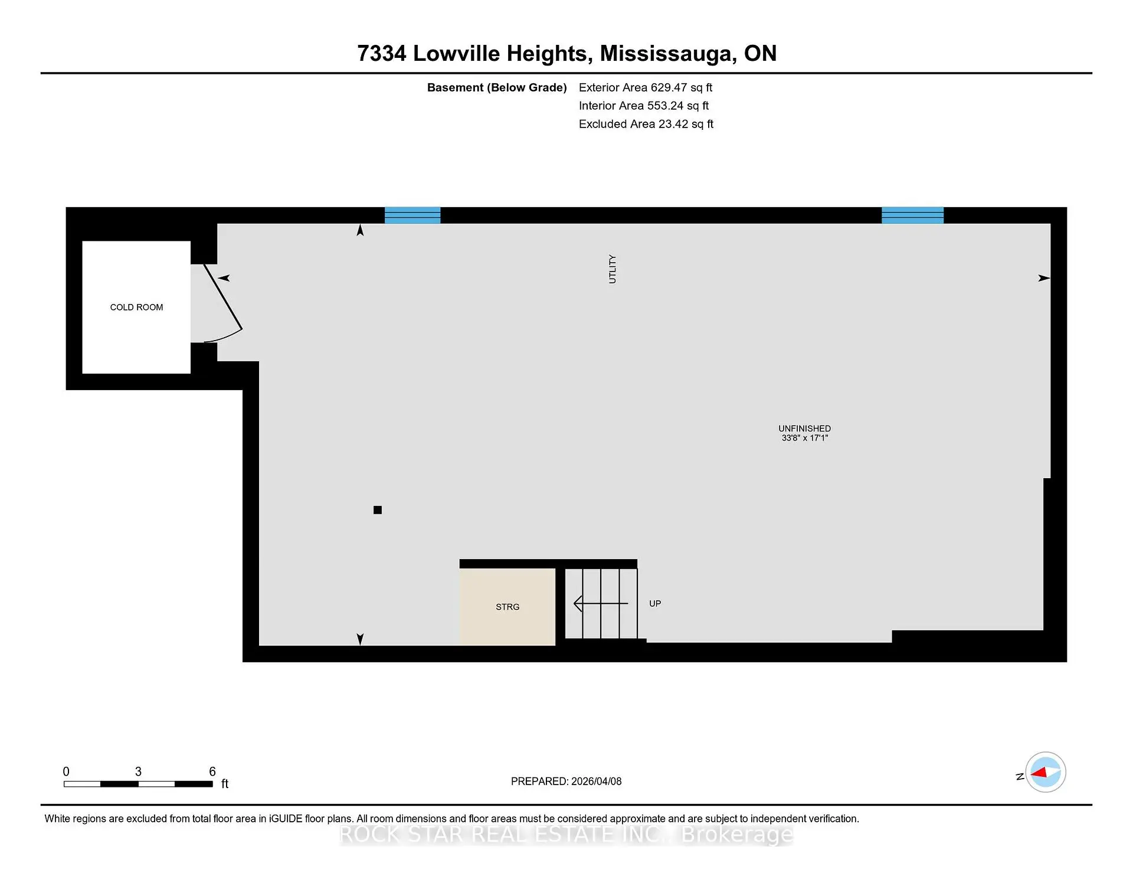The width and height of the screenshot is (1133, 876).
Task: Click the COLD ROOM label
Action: [x=136, y=308]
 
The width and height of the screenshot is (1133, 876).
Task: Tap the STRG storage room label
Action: [x=507, y=607]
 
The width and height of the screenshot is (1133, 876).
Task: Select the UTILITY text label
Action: [x=613, y=269]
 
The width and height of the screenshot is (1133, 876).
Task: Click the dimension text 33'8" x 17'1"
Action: [x=804, y=439]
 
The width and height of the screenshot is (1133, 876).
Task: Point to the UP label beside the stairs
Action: [x=655, y=604]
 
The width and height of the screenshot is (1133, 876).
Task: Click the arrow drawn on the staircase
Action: [x=601, y=604]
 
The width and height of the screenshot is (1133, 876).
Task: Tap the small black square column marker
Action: [x=378, y=511]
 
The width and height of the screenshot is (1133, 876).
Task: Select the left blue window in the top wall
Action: [x=412, y=215]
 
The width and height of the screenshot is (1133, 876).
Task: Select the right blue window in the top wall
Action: [x=912, y=215]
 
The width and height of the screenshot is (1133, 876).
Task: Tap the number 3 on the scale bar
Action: [x=138, y=772]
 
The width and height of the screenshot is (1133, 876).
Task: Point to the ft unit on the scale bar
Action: [x=225, y=785]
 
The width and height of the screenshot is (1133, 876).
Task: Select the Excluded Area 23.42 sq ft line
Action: [x=646, y=125]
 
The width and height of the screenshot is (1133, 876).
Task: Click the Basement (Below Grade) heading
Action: [x=497, y=88]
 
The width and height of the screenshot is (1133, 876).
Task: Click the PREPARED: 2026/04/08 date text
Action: [x=566, y=782]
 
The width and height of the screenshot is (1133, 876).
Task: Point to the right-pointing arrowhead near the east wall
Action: [x=1043, y=278]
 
